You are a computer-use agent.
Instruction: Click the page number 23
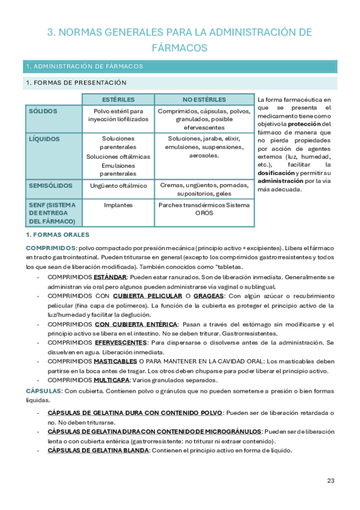pos(331,480)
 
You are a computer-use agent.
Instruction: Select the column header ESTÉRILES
pos(118,99)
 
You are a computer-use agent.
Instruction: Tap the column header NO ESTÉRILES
pos(204,99)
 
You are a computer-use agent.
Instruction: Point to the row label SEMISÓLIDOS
pos(51,186)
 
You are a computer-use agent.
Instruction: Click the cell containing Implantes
pos(118,205)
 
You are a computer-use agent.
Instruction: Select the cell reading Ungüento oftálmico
pos(118,186)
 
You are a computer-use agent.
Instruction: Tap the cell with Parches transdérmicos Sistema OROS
pos(204,209)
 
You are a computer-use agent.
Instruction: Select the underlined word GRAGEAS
pos(212,296)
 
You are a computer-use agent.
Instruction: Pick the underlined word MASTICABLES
pos(115,362)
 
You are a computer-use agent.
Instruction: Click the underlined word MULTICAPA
pos(112,380)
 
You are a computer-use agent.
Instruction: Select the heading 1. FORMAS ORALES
pos(57,235)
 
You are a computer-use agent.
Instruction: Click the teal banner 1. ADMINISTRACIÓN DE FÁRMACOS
pos(180,66)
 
